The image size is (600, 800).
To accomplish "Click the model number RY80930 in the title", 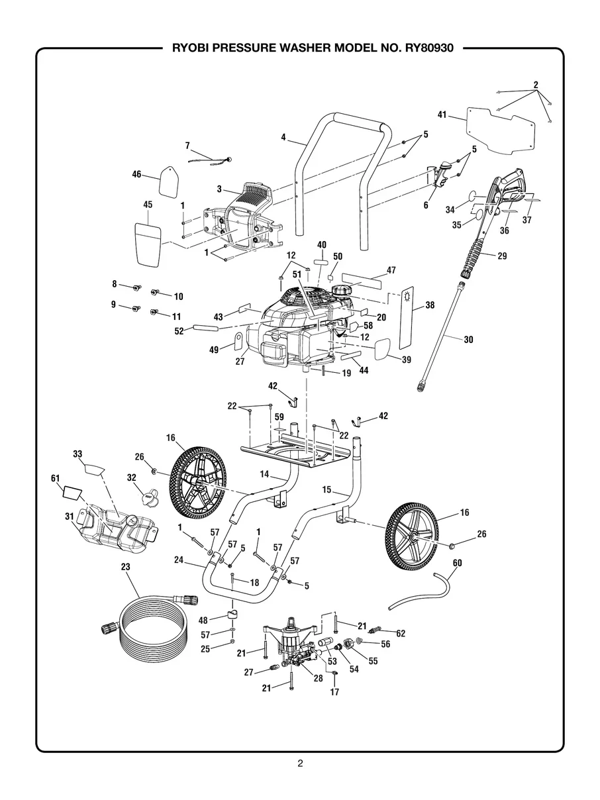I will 426,48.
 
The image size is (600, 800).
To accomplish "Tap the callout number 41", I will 442,115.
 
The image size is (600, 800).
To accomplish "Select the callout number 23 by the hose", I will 126,567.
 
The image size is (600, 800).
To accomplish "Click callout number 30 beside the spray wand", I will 469,340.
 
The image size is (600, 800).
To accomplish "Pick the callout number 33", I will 77,454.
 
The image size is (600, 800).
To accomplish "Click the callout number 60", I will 457,563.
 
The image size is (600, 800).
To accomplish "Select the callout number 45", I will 148,205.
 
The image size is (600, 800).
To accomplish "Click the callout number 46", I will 136,174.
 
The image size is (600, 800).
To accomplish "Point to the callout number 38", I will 430,306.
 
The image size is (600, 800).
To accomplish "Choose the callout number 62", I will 401,634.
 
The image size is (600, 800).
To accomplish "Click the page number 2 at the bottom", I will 300,764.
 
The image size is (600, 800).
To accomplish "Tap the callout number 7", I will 187,145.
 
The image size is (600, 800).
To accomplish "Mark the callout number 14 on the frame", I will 265,474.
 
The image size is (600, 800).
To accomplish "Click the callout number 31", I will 70,516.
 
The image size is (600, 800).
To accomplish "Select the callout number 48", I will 203,621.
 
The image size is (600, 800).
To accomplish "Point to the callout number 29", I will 502,256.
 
